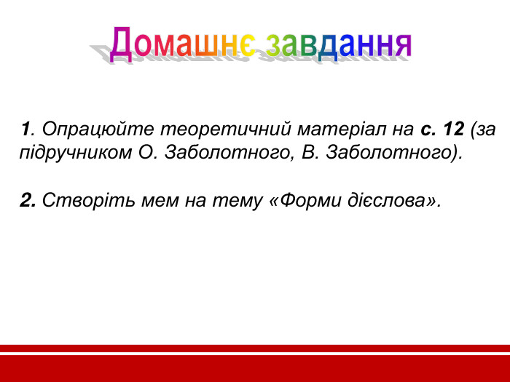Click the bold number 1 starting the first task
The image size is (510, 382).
[25, 130]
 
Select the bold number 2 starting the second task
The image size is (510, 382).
[28, 200]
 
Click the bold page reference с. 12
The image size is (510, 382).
[442, 130]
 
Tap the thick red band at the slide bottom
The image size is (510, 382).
[255, 368]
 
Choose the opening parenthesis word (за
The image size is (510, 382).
[483, 130]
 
